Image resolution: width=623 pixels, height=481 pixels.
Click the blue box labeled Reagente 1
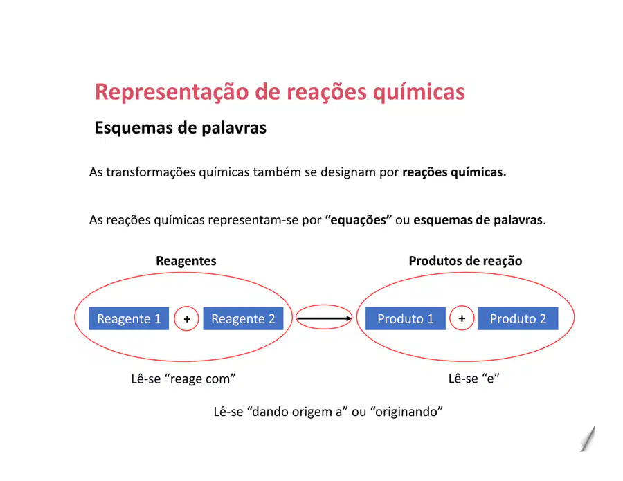pyautogui.click(x=129, y=318)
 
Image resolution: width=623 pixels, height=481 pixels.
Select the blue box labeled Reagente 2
pyautogui.click(x=243, y=318)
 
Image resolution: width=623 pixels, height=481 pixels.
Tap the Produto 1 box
pyautogui.click(x=405, y=318)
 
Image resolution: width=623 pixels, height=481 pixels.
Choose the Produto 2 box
pyautogui.click(x=518, y=318)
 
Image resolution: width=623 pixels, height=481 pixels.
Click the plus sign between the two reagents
pyautogui.click(x=187, y=318)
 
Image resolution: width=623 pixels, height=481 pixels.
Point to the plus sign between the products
pyautogui.click(x=462, y=318)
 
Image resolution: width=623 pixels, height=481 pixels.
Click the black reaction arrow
pyautogui.click(x=324, y=318)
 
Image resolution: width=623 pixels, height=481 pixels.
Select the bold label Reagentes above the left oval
pyautogui.click(x=186, y=260)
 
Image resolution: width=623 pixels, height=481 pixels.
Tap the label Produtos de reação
pyautogui.click(x=465, y=260)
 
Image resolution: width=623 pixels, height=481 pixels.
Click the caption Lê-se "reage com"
pyautogui.click(x=183, y=379)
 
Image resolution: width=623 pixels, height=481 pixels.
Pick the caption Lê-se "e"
pyautogui.click(x=473, y=378)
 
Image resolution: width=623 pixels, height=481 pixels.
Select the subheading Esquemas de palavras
pyautogui.click(x=181, y=128)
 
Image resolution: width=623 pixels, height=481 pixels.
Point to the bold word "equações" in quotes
pyautogui.click(x=359, y=219)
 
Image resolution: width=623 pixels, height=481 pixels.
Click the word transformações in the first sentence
pyautogui.click(x=151, y=172)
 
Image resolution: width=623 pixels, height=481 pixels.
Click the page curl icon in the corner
pyautogui.click(x=587, y=439)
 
